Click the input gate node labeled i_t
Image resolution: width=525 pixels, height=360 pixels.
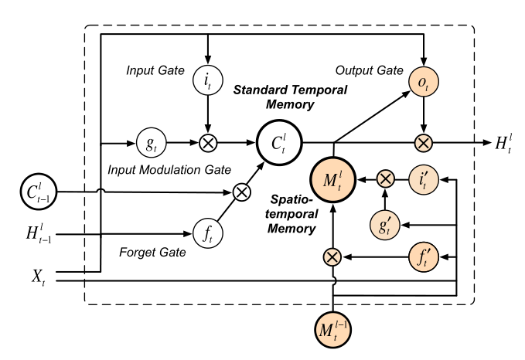tap(206, 79)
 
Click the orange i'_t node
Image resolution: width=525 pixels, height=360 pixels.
tap(423, 179)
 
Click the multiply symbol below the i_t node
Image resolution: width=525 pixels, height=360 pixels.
tap(206, 143)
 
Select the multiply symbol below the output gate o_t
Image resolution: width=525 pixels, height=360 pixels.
tap(423, 143)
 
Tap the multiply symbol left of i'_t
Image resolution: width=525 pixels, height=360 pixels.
tap(384, 179)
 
